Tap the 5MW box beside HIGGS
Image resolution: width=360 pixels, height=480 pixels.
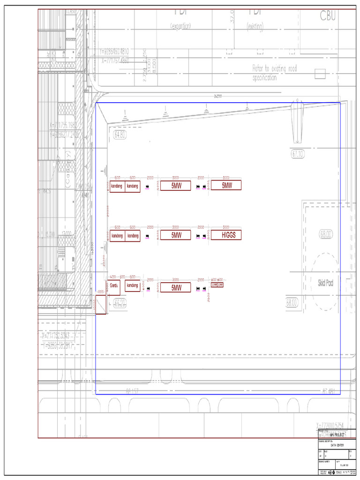176,235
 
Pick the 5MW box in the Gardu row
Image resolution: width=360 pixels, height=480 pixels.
176,287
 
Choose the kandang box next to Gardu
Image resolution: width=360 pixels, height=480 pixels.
133,285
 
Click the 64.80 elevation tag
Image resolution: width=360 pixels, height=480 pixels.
120,135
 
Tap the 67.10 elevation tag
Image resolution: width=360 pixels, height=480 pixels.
298,153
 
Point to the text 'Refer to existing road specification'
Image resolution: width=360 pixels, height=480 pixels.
274,73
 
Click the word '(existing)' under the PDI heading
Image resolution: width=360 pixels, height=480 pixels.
255,27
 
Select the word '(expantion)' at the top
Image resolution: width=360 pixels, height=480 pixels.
180,27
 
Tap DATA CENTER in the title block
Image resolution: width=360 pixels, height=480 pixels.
337,445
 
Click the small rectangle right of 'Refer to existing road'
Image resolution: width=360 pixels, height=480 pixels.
320,73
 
